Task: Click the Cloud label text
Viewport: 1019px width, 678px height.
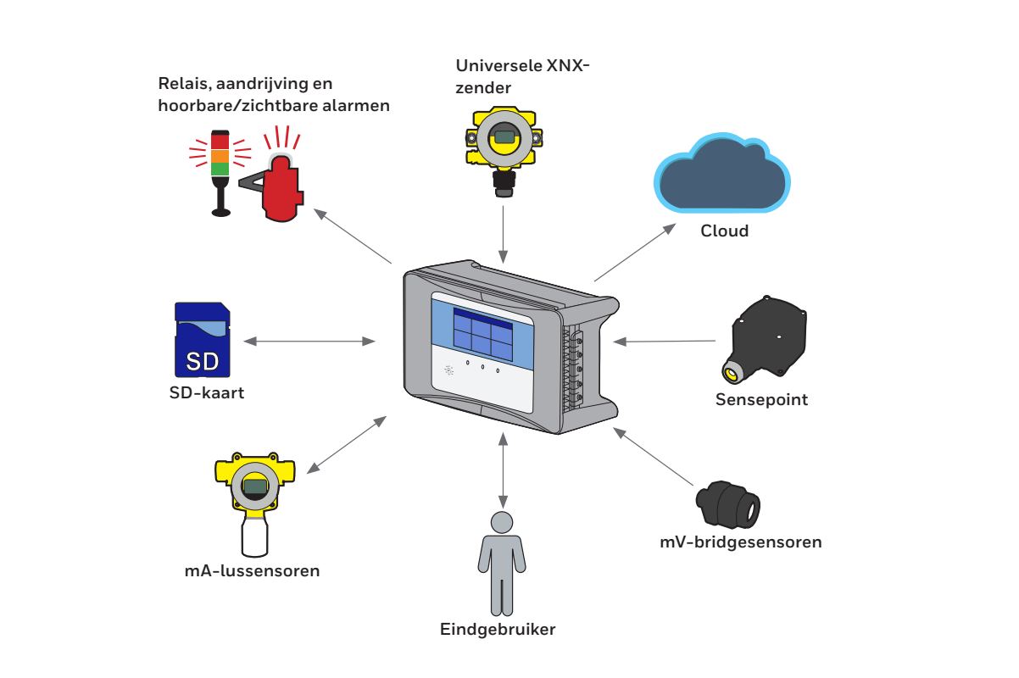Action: click(724, 231)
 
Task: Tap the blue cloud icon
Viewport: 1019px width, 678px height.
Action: click(721, 174)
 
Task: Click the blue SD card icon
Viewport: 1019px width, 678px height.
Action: click(202, 340)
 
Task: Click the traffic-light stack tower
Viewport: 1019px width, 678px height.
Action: click(220, 169)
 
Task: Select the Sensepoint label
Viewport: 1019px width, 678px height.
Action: click(761, 399)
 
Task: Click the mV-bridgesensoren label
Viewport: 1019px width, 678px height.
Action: click(740, 542)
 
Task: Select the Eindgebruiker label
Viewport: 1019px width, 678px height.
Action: click(498, 629)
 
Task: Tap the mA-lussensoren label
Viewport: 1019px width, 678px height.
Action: click(252, 570)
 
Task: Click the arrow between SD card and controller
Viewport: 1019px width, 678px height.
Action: click(309, 342)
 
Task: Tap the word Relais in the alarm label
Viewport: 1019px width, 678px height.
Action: click(181, 84)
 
